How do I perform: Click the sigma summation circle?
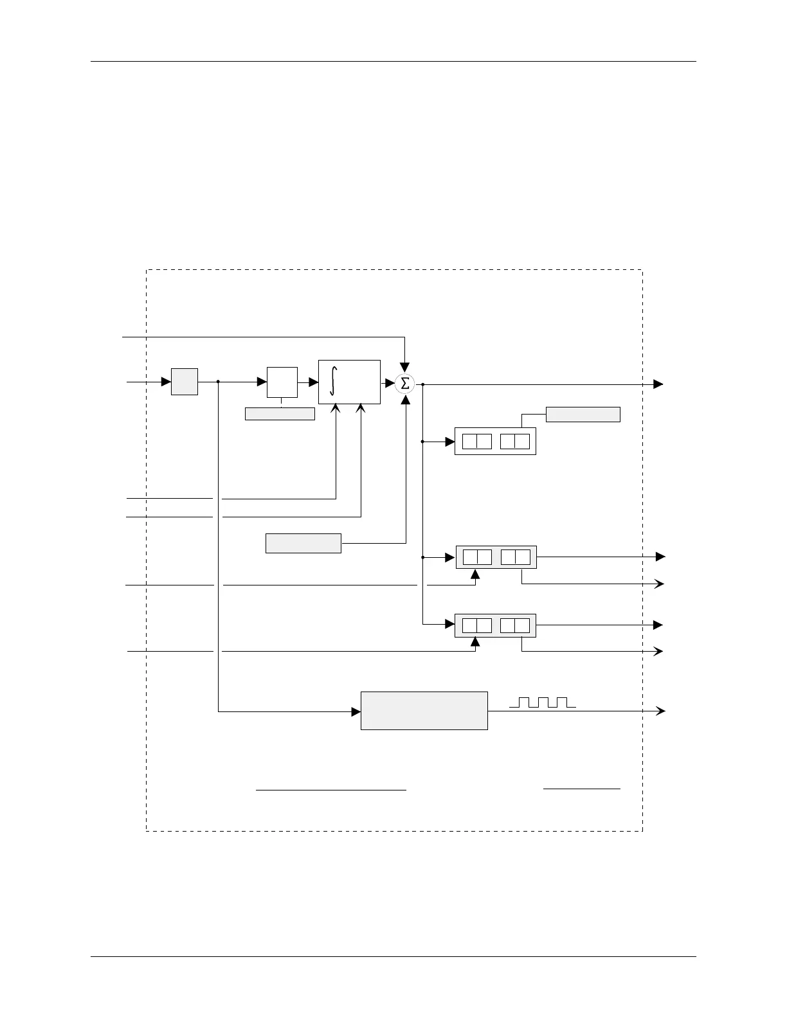[405, 384]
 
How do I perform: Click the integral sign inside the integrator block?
[332, 381]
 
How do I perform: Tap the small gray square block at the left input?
[185, 382]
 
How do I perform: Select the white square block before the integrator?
[282, 382]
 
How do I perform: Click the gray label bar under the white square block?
[280, 414]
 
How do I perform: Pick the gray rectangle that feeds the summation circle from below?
[303, 543]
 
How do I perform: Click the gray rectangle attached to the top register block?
[583, 415]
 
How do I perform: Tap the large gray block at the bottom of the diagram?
[424, 711]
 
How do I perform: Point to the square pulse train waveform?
[542, 702]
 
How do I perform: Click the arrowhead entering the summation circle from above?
[405, 368]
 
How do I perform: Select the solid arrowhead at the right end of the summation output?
[658, 384]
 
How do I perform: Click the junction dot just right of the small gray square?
[219, 382]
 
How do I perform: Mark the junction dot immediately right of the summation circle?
[422, 384]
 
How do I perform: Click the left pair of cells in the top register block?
[476, 442]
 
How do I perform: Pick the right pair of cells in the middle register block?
[515, 557]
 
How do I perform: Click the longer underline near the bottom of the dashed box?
[331, 789]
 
